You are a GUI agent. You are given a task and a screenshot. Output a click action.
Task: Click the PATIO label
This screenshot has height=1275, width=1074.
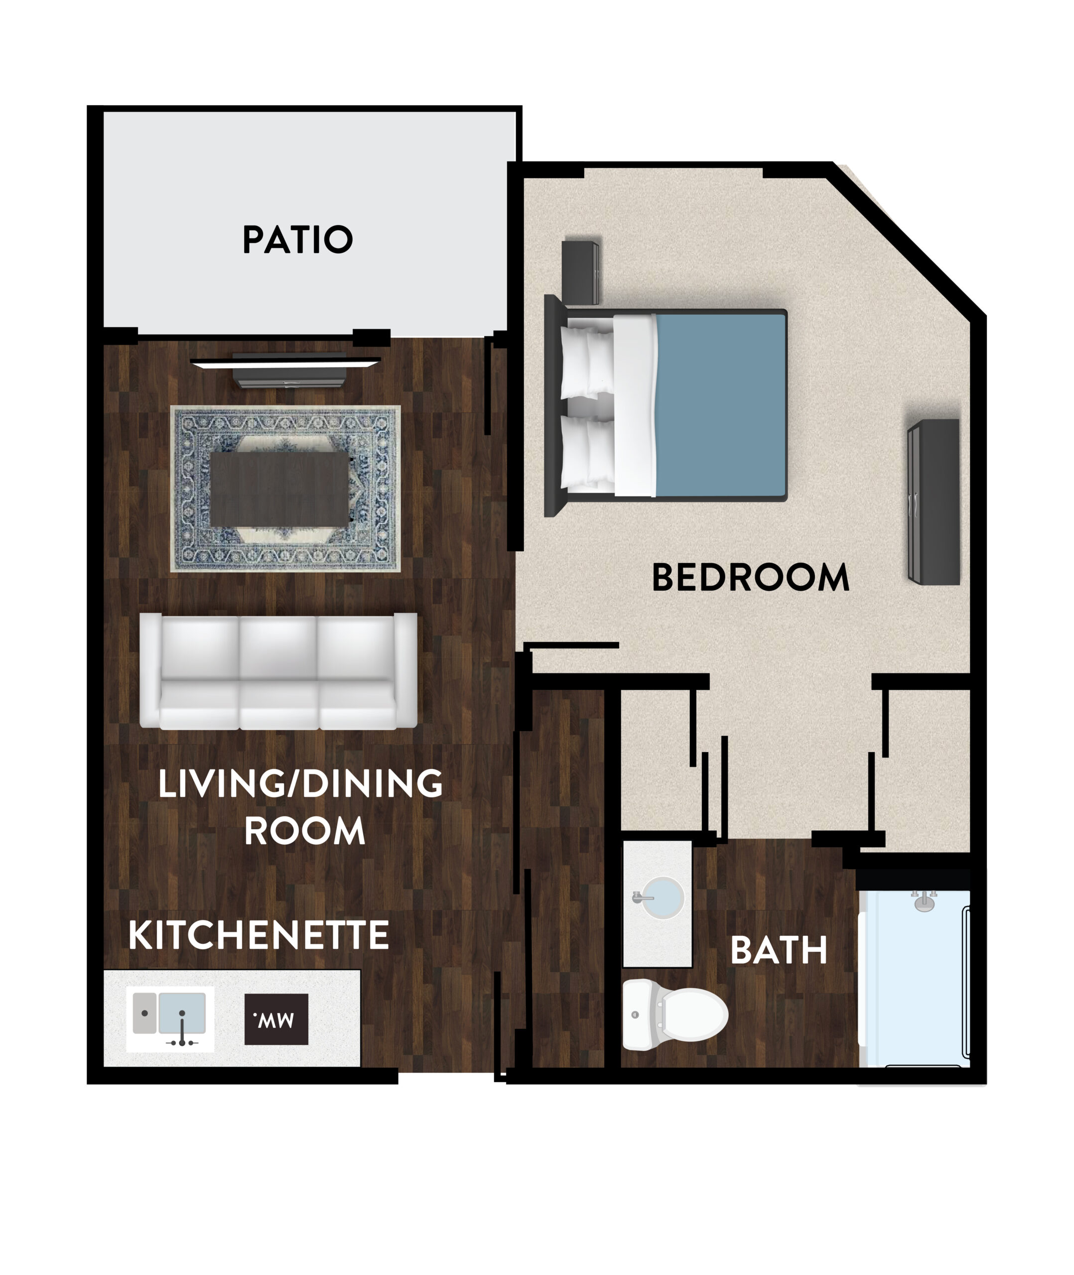point(298,239)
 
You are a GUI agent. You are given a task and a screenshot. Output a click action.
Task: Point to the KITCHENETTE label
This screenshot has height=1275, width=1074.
point(259,935)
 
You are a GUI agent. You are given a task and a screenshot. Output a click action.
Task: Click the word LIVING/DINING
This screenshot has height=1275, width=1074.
point(300,783)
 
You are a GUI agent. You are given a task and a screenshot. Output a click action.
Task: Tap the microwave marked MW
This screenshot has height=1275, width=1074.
point(276,1020)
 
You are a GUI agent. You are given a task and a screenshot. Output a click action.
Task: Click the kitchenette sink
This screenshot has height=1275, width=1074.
point(170,1019)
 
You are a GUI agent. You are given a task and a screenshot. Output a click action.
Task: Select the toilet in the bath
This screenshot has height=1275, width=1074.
point(674,1015)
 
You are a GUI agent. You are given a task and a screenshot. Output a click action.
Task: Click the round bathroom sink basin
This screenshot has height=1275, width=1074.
point(663,897)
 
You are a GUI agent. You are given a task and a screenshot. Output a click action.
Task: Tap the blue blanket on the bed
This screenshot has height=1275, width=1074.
point(721,405)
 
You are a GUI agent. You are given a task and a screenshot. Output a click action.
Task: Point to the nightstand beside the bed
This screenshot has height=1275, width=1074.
point(580,272)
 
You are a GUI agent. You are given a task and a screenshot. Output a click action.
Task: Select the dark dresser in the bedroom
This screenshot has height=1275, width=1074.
point(934,502)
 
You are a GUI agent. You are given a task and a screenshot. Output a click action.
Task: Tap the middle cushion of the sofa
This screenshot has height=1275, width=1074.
point(279,672)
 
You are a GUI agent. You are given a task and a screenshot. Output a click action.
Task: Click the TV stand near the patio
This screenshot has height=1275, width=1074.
point(289,370)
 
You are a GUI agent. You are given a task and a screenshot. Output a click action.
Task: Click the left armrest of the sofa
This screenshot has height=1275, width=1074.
point(150,669)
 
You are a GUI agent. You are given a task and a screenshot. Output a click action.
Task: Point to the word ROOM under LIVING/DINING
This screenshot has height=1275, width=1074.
point(304,831)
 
